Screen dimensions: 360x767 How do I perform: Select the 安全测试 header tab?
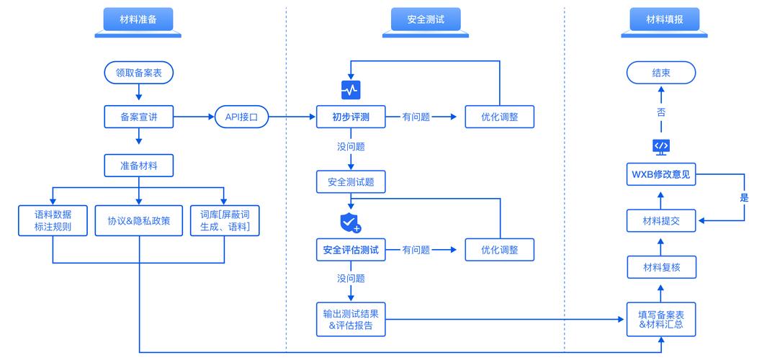425,19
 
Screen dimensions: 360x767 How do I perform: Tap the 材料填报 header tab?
660,19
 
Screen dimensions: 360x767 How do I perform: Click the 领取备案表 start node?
139,73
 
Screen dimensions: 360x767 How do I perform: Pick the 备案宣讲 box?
139,117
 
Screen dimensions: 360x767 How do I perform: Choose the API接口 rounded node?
241,117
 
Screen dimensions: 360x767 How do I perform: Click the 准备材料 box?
139,166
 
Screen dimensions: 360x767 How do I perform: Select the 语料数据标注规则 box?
53,221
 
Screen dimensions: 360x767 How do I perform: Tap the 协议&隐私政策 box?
139,221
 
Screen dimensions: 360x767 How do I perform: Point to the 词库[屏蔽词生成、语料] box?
225,221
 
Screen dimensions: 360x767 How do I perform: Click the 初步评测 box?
350,117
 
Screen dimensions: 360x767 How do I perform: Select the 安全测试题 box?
350,181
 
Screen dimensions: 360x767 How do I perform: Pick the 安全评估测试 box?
350,250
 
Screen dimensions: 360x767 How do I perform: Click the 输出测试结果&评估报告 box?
350,318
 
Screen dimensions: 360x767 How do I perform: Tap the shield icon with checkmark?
350,222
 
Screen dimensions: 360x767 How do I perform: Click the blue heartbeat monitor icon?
350,90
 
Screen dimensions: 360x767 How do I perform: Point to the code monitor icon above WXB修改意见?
660,146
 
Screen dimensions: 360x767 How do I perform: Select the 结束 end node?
660,73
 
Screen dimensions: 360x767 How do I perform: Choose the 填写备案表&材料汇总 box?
660,318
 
